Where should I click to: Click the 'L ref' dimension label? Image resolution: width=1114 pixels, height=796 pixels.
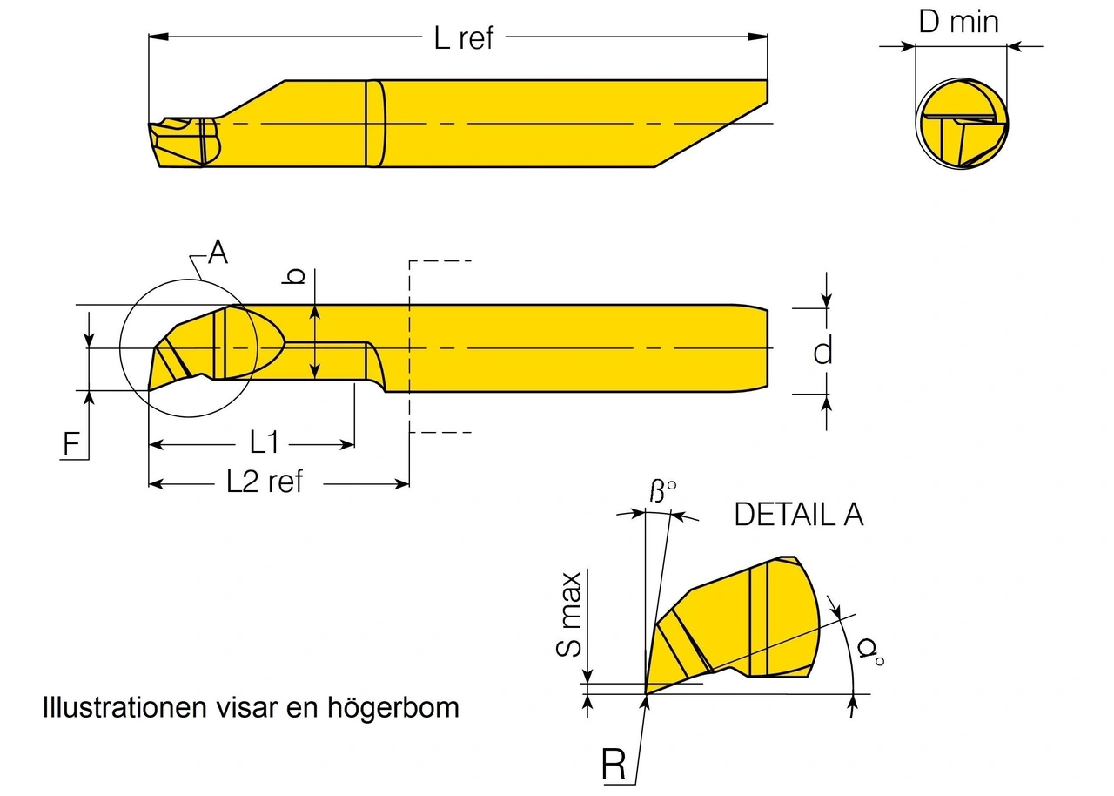tap(463, 38)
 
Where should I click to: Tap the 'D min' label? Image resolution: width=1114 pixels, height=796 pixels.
tap(959, 22)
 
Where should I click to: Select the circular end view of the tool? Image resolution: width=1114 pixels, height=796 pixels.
tap(963, 124)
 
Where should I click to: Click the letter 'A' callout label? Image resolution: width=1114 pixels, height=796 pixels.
tap(218, 253)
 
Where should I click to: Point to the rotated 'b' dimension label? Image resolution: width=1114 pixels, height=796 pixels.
tap(295, 276)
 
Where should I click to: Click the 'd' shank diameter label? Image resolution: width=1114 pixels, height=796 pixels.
tap(822, 351)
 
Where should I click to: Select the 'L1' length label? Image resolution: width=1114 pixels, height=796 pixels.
tap(264, 443)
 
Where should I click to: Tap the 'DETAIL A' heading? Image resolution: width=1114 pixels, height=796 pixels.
tap(799, 515)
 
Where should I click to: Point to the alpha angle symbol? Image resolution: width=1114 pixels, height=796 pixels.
tap(868, 651)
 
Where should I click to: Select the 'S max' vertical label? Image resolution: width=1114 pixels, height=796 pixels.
tap(571, 614)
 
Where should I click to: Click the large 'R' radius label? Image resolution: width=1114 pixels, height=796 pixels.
tap(614, 765)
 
